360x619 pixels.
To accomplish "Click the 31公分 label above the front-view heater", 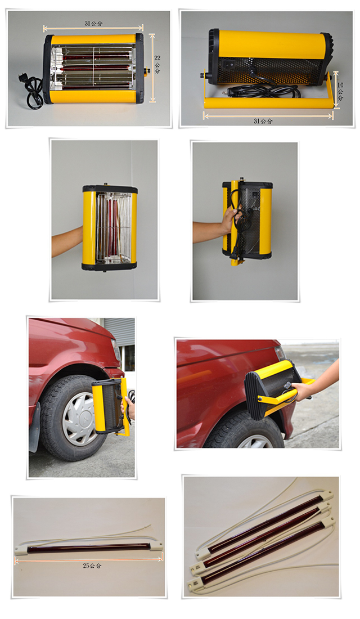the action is point(93,23).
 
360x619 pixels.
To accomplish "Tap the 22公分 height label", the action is point(157,64).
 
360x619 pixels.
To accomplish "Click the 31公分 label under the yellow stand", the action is point(263,121).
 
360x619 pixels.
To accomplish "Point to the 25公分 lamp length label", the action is point(92,566).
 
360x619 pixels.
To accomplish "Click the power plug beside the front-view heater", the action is point(22,78).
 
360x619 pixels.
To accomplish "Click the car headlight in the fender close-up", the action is point(280,352).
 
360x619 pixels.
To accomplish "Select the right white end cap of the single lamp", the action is point(156,546).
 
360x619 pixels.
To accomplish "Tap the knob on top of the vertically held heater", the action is point(106,185).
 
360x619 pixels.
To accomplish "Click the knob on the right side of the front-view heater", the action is point(147,71).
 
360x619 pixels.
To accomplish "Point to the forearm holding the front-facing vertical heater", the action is point(67,241).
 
